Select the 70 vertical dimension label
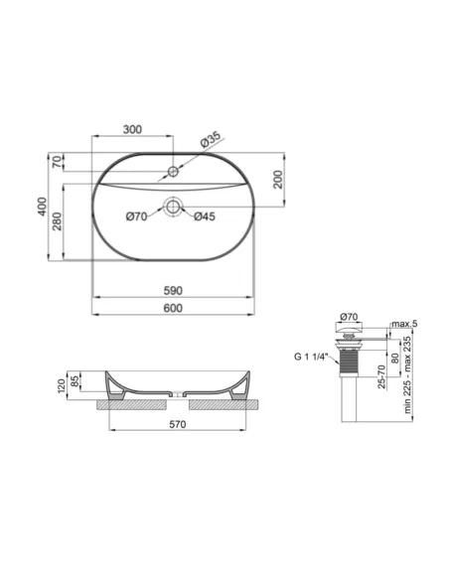coord(57,161)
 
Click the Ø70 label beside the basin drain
coord(138,217)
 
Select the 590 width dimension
coord(172,290)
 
